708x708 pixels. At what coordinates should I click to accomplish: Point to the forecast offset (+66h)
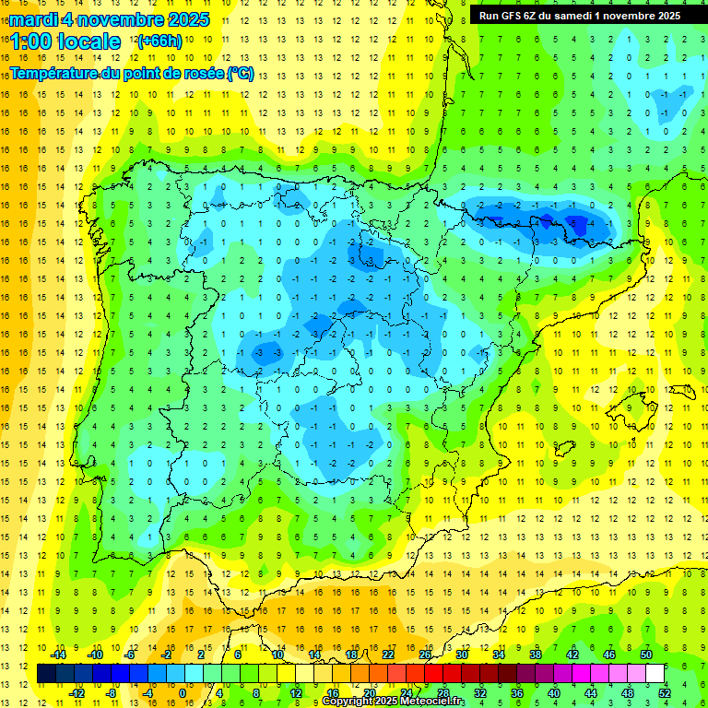click(159, 41)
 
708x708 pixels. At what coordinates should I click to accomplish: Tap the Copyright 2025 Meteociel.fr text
click(393, 702)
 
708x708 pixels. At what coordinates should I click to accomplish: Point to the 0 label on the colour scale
click(182, 692)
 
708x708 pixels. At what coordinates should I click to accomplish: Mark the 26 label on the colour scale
click(425, 654)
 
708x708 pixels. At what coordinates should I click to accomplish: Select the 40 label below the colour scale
click(554, 692)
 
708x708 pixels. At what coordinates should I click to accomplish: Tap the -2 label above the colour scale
click(167, 654)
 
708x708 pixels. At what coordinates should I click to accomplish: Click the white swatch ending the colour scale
click(655, 673)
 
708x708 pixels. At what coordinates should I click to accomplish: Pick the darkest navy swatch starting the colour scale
click(46, 673)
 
